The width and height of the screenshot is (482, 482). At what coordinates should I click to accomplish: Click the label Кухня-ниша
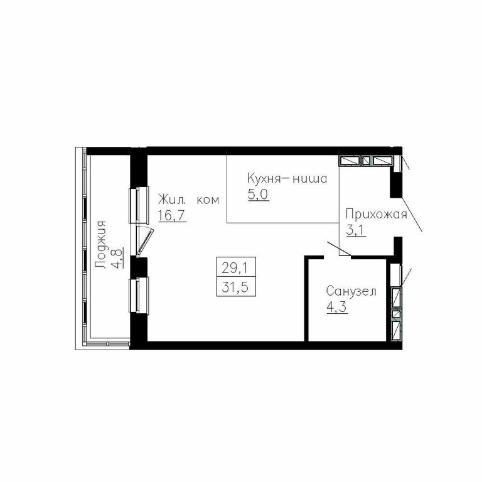point(287,178)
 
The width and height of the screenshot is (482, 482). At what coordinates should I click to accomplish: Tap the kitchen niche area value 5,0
point(258,195)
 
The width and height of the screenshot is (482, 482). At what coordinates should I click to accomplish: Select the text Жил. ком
point(188,200)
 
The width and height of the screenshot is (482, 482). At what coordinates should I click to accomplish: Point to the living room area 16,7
point(172,215)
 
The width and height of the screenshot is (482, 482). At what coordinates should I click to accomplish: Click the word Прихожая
point(377,215)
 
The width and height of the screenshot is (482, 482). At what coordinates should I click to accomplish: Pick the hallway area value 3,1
point(356,230)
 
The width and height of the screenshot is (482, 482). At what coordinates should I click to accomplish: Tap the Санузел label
point(351,291)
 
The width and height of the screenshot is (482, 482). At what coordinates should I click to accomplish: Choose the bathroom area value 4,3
point(337,307)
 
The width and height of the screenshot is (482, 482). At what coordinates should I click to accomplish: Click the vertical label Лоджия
point(100,245)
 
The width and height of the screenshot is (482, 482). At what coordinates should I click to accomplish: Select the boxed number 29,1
point(235,269)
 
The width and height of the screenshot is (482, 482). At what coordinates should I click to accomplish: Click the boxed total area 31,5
point(235,288)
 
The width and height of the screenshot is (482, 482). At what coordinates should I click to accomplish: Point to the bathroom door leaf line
point(340,249)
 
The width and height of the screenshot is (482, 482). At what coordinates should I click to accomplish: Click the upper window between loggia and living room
point(139,205)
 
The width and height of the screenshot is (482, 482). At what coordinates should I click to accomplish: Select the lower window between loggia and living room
point(139,296)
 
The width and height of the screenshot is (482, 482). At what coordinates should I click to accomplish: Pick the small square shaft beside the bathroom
point(397,314)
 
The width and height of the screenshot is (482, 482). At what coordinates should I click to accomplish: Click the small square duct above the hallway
point(366,161)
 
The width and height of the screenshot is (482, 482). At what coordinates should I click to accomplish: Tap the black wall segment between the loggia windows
point(139,267)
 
